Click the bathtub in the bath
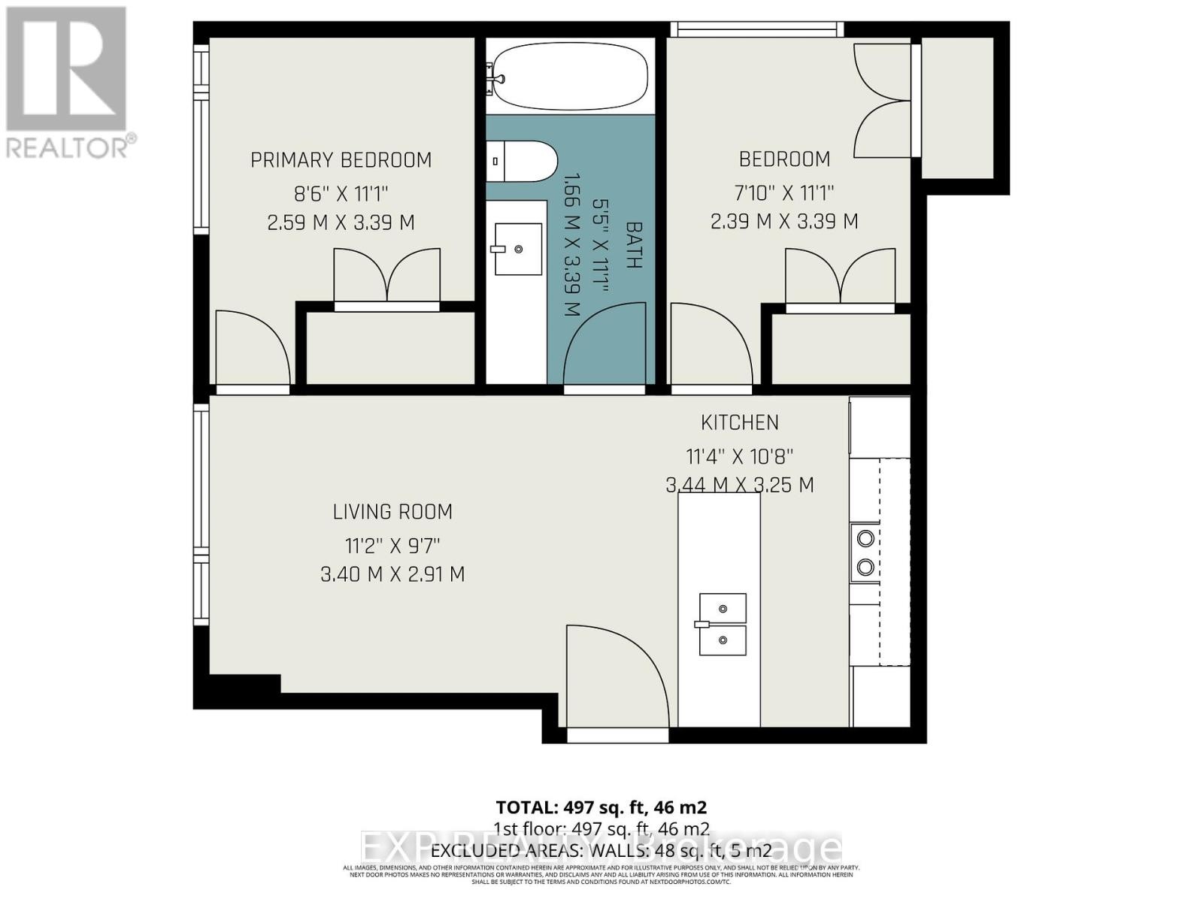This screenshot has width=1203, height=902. point(570,74)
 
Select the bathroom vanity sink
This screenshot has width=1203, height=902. point(517,249)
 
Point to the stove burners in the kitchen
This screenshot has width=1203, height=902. point(865,552)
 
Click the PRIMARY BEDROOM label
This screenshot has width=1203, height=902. point(341,160)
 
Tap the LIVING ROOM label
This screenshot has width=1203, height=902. point(392,512)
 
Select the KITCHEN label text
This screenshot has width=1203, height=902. point(740,422)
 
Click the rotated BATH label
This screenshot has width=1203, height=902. point(634,245)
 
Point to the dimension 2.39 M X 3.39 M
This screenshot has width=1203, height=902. point(784,222)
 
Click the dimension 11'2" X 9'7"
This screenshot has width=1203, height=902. point(392,544)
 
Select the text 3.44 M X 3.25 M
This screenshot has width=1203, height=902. point(740,485)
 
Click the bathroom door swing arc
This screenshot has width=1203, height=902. point(605,346)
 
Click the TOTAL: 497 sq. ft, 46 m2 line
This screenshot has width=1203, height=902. point(601,807)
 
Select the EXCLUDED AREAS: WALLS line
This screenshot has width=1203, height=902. point(601,851)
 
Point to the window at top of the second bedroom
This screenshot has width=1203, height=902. point(756,29)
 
